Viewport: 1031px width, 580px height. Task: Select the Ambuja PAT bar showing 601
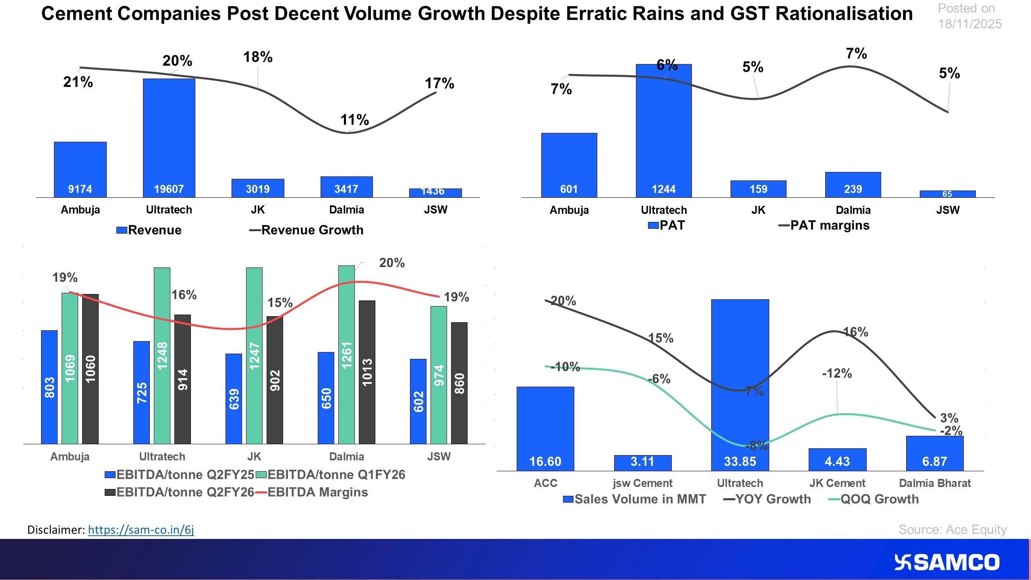(569, 165)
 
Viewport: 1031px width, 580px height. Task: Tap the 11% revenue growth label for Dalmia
(354, 120)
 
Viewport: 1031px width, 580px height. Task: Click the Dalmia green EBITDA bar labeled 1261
(346, 354)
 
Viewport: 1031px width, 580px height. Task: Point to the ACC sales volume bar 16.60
(545, 429)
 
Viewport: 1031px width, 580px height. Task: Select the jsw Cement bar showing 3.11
(642, 462)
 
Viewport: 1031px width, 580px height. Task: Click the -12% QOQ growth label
(837, 373)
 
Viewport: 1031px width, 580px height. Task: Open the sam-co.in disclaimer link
(141, 530)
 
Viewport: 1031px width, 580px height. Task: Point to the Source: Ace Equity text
(952, 529)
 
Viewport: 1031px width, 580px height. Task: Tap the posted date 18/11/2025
(970, 24)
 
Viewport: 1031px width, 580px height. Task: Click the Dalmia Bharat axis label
(935, 483)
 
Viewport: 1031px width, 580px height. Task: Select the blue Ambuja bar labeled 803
(49, 387)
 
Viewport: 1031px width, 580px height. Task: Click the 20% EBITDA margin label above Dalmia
(391, 263)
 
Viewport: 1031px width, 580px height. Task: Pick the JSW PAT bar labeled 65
(947, 194)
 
